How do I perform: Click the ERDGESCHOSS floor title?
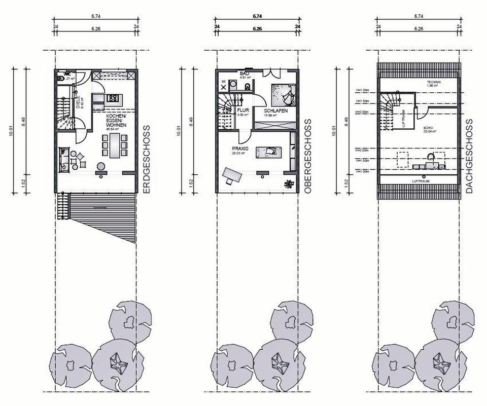[147, 160]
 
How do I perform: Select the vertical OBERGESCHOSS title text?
[307, 156]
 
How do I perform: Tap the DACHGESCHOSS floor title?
[469, 156]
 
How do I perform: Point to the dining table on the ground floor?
[115, 145]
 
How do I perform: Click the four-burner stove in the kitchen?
[112, 97]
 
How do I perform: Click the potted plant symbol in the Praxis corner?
[289, 183]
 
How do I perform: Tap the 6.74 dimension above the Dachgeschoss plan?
[419, 16]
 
